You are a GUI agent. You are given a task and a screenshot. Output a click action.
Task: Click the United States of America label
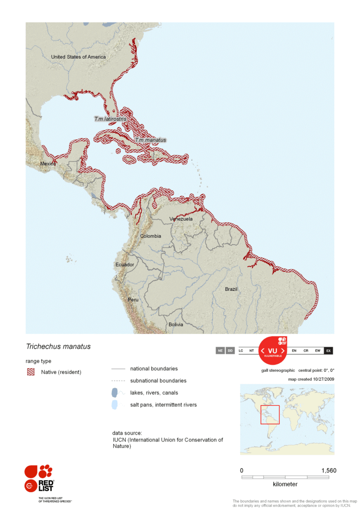(79, 57)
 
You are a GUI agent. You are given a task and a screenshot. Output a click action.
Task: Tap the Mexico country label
(48, 164)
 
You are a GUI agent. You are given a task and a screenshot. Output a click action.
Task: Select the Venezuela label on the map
(180, 219)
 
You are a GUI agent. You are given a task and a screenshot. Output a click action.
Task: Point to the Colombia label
(150, 236)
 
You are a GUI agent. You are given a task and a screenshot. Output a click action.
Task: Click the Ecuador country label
(125, 264)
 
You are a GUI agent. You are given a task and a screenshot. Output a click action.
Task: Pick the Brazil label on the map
(231, 289)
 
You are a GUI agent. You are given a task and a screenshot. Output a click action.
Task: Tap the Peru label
(133, 300)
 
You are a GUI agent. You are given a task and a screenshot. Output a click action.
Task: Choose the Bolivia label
(176, 325)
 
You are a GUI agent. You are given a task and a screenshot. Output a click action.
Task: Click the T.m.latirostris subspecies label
(110, 119)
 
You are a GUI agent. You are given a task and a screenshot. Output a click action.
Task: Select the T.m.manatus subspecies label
(150, 140)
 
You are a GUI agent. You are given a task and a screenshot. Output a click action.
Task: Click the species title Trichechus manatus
(58, 346)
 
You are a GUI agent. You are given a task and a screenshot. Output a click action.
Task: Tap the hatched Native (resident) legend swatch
(31, 372)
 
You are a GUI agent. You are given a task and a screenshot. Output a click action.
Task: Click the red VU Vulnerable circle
(272, 351)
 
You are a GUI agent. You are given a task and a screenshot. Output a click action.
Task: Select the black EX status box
(328, 351)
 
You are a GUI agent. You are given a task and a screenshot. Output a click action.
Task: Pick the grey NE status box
(220, 351)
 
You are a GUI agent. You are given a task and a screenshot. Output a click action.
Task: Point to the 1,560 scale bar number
(329, 470)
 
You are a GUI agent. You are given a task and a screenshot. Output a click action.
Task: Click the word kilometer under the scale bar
(285, 484)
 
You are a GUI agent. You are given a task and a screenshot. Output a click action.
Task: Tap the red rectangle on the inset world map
(270, 415)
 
